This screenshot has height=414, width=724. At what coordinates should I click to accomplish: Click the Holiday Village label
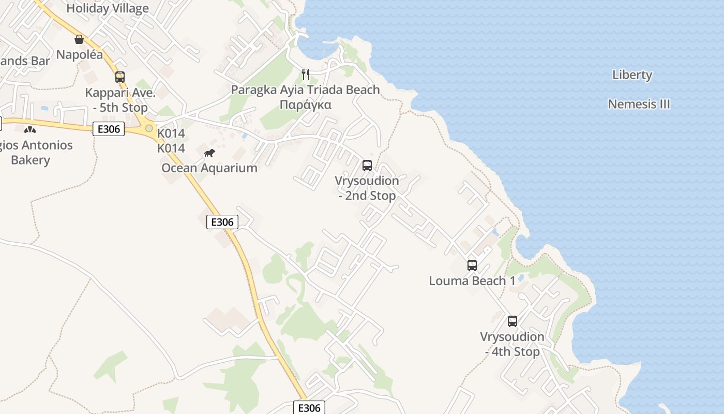[108, 8]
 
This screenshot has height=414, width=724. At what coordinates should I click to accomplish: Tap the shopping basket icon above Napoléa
[79, 39]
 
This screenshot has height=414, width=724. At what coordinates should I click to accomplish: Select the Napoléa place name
[80, 54]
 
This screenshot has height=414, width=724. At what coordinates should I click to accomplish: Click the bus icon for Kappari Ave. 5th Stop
[120, 77]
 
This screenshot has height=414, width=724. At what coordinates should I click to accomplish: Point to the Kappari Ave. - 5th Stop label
[120, 100]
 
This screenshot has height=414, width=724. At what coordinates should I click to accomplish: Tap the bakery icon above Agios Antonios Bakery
[30, 129]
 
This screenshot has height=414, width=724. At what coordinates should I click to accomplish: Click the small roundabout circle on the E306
[149, 128]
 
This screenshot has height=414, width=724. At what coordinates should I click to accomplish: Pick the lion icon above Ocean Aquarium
[209, 153]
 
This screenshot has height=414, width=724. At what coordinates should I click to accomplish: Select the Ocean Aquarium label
[209, 168]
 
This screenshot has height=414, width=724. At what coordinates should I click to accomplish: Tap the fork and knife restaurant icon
[305, 75]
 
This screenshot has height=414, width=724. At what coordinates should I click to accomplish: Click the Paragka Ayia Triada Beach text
[305, 90]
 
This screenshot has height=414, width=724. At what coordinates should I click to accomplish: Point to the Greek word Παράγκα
[305, 105]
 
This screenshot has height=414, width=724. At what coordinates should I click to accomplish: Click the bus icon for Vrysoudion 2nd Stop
[367, 166]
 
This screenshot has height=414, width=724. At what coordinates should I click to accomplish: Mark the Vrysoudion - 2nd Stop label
[367, 188]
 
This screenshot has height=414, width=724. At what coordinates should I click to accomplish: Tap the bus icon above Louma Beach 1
[472, 265]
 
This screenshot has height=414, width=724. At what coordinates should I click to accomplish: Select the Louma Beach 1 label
[472, 280]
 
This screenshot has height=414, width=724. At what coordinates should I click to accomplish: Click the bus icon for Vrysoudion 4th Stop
[512, 321]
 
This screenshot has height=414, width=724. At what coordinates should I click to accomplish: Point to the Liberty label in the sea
[632, 75]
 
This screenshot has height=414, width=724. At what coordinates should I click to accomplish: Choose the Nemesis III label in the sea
[639, 104]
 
